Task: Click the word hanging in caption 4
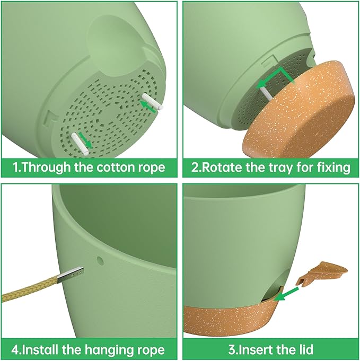109,350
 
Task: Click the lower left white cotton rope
80,143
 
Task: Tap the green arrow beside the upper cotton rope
148,107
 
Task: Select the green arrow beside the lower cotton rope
85,140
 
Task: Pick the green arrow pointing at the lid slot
286,294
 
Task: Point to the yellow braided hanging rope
30,289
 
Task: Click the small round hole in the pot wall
100,260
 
